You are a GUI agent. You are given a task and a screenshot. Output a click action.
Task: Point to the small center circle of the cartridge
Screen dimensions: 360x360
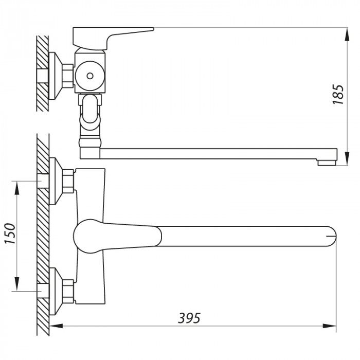(90, 77)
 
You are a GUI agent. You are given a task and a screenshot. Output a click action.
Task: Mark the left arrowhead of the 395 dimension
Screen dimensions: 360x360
(56, 326)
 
